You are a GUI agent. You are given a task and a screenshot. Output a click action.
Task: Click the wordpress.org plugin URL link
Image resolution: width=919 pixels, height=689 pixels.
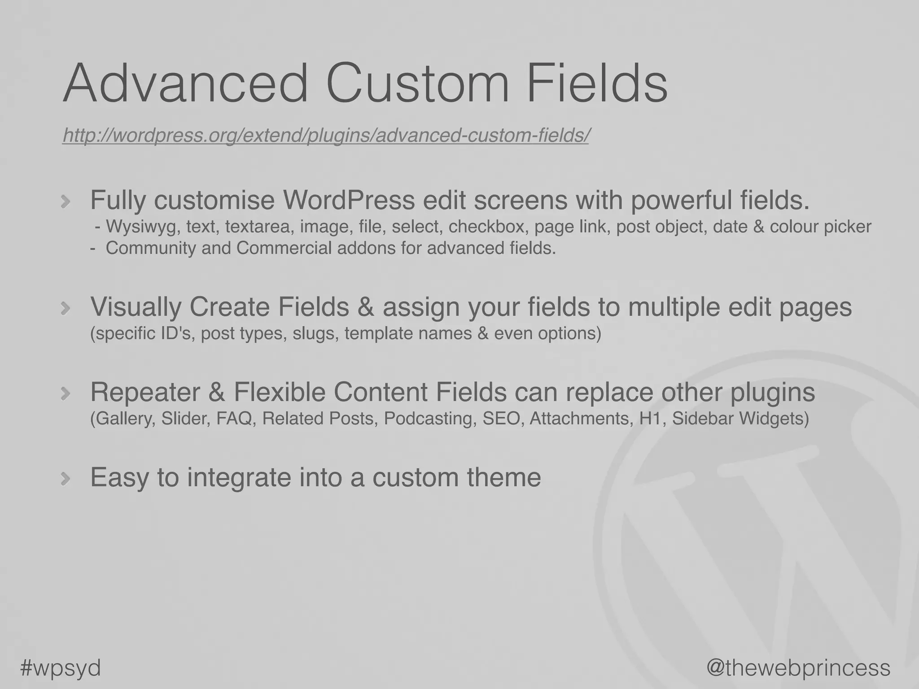[325, 135]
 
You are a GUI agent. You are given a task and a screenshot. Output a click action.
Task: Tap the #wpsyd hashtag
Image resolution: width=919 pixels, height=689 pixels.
[61, 667]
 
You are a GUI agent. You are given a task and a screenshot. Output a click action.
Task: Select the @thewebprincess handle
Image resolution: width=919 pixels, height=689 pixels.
[798, 667]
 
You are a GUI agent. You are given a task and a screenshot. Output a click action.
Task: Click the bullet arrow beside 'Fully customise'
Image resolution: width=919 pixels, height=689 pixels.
[66, 201]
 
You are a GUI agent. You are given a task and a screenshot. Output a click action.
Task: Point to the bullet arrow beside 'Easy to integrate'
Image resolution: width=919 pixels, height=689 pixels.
[66, 479]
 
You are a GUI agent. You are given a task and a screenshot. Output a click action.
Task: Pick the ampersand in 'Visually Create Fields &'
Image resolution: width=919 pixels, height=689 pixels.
[366, 307]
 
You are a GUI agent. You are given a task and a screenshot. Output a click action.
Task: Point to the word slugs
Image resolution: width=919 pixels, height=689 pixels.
[315, 333]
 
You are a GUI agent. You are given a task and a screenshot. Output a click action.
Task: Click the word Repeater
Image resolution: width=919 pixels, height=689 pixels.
[145, 392]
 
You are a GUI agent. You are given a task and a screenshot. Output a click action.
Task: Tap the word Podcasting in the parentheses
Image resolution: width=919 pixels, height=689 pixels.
[430, 419]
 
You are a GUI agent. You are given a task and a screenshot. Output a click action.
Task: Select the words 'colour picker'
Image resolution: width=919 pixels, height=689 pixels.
[820, 227]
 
